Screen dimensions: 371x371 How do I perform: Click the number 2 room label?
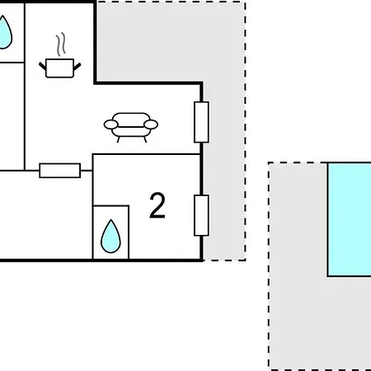click(157, 205)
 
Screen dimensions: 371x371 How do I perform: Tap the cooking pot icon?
click(60, 68)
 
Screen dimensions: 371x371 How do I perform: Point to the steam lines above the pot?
click(61, 44)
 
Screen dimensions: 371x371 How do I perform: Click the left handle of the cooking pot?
click(43, 66)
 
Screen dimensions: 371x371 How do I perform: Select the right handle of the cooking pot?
click(77, 66)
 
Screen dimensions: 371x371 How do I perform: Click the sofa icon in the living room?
click(131, 127)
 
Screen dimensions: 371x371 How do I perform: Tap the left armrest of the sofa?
click(111, 124)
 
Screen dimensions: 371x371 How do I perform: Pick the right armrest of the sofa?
click(151, 124)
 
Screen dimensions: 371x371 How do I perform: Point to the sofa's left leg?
click(119, 139)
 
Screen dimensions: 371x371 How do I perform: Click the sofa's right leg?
click(145, 139)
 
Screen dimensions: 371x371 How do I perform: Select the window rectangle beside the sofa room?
click(201, 122)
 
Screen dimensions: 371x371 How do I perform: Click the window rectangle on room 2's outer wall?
click(201, 215)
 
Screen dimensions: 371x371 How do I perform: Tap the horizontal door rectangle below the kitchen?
click(60, 171)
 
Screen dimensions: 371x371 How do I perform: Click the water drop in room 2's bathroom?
click(110, 237)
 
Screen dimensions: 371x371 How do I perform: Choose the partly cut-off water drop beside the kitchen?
click(5, 33)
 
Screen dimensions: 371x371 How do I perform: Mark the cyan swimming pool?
click(350, 219)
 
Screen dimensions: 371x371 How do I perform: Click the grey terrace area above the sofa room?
click(171, 41)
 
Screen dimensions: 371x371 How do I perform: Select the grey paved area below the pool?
click(320, 323)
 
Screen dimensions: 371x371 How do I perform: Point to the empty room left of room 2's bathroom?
click(45, 215)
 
